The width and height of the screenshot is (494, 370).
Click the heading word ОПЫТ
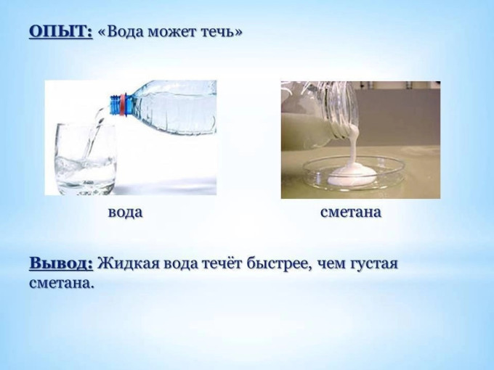[61, 32]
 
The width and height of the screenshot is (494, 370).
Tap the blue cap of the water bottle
[114, 105]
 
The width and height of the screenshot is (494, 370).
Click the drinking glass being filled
[86, 159]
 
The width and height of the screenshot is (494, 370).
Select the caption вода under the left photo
[125, 213]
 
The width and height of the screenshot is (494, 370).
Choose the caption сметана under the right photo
[351, 213]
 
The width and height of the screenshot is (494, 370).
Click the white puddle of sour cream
[351, 176]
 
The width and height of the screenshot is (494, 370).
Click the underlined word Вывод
[61, 263]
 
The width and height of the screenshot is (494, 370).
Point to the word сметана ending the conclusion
[62, 283]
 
